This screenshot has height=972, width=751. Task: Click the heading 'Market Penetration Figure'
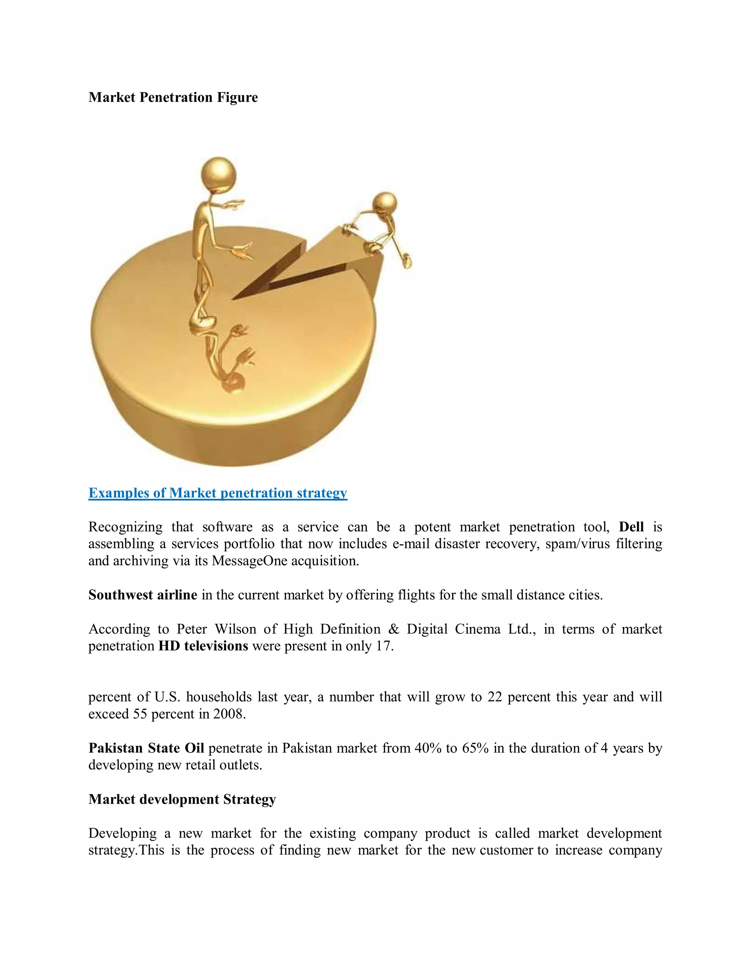click(x=173, y=98)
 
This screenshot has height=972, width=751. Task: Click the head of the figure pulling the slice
click(x=385, y=204)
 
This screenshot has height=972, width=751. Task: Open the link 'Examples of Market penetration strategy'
click(x=217, y=493)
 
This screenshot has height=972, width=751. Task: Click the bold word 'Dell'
click(x=631, y=527)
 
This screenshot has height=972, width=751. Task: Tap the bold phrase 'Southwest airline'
click(x=143, y=595)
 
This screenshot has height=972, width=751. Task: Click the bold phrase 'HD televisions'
click(x=203, y=646)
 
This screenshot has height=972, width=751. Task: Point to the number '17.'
click(x=385, y=646)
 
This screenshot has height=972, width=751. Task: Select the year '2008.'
click(x=230, y=714)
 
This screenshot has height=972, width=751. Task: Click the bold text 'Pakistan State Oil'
click(x=146, y=748)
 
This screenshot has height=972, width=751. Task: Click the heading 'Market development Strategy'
click(x=182, y=799)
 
